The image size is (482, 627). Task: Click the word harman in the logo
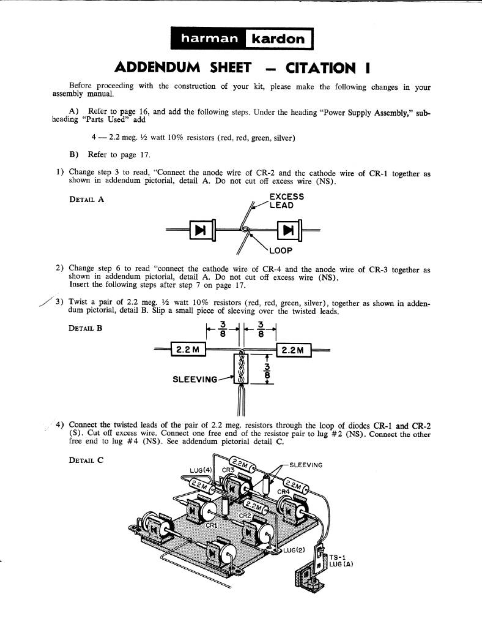209,39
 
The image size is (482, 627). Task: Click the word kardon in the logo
278,39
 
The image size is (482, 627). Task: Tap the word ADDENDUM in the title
157,67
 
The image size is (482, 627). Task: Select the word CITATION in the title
321,68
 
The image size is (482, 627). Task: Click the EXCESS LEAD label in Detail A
287,201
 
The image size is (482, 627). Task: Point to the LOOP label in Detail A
281,250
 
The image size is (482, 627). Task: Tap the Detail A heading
87,200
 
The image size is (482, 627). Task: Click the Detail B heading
86,328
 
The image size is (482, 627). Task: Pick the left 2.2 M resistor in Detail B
188,350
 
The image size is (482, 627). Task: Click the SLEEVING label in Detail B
195,380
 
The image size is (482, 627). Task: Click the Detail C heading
86,460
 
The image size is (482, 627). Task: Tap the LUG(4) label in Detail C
201,470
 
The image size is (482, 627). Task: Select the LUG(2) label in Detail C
294,550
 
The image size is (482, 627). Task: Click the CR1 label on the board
211,525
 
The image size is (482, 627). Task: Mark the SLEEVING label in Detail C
306,465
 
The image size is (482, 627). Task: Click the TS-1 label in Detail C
335,557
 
